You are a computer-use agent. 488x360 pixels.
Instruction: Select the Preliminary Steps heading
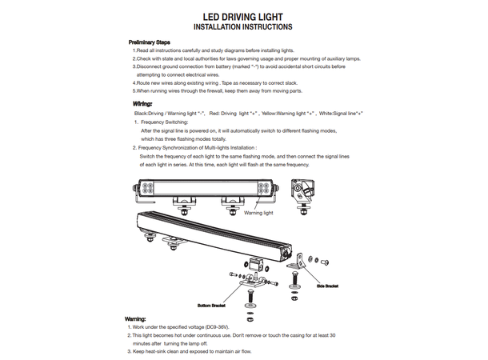click(150, 42)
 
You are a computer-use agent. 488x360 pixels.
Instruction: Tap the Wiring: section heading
click(142, 104)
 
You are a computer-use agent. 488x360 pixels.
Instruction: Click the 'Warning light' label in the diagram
click(258, 214)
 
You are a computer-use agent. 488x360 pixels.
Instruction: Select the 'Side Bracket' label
click(329, 284)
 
